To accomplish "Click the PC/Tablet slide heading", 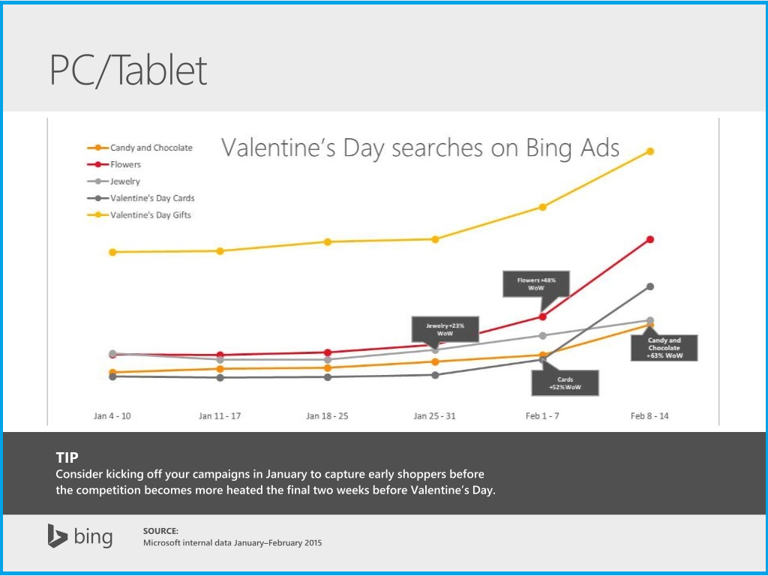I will (128, 70).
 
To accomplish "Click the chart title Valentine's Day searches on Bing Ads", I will (420, 148).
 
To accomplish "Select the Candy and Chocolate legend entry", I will (151, 148).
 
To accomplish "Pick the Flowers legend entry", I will (125, 164).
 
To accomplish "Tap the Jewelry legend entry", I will (125, 181).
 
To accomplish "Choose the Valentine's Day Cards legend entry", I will (152, 198).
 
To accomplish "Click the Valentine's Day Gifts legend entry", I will (151, 215).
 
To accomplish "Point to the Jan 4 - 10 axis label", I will (112, 415).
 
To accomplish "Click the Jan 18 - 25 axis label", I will (328, 415).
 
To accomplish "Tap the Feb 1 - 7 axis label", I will (542, 415).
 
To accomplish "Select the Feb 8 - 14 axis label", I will (649, 415).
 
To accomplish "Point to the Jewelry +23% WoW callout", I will (445, 329).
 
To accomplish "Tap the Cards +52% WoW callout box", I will (565, 382).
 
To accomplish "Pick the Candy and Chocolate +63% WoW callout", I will (664, 348).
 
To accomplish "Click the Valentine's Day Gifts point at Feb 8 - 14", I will (650, 151).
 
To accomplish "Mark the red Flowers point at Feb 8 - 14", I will (650, 239).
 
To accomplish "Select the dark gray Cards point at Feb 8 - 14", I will (650, 286).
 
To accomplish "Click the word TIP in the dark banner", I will (67, 457).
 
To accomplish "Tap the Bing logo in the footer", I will (80, 536).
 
